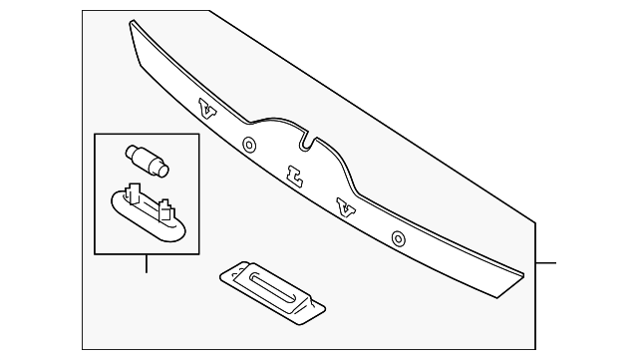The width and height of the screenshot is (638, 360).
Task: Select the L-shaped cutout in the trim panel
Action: pos(294,177)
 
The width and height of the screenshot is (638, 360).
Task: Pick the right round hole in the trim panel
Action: pos(399,239)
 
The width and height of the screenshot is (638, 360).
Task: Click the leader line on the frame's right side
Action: pos(545,263)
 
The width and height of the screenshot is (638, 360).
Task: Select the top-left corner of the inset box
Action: pos(95,134)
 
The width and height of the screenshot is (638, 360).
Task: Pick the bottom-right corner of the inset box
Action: pos(198,253)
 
